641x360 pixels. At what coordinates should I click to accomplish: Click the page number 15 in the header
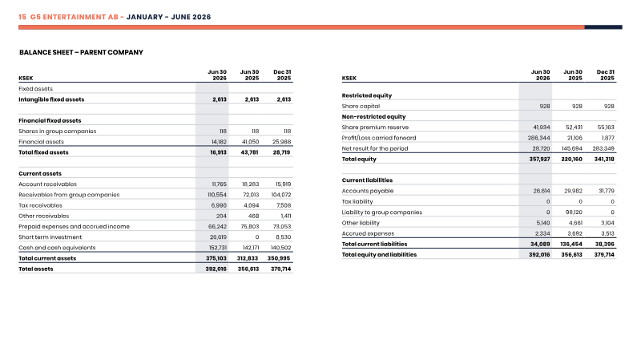point(22,17)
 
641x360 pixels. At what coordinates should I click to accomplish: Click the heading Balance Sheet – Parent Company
point(81,52)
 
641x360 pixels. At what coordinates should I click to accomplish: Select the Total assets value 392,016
point(216,269)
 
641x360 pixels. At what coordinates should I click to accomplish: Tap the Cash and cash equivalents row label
point(57,248)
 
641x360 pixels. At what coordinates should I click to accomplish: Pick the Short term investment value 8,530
point(284,237)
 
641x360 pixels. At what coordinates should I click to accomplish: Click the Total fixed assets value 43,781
point(249,152)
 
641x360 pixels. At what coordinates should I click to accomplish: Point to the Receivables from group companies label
point(69,195)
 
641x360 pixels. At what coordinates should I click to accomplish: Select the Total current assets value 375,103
point(216,258)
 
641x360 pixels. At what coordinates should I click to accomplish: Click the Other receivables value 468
point(253,216)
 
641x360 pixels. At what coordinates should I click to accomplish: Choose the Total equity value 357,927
point(539,159)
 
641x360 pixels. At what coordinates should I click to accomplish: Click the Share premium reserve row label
point(375,127)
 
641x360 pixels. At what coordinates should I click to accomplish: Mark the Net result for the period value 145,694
point(572,148)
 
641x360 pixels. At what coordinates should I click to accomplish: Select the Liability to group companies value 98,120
point(574,212)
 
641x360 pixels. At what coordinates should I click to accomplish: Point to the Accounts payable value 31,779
point(607,191)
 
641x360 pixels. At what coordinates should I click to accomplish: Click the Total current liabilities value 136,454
point(571,244)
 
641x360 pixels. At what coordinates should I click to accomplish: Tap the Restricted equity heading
point(367,95)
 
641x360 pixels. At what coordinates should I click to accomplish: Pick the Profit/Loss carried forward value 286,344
point(538,138)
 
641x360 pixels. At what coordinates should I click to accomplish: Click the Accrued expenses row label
point(368,233)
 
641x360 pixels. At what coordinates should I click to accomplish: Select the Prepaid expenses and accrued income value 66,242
point(217,226)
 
